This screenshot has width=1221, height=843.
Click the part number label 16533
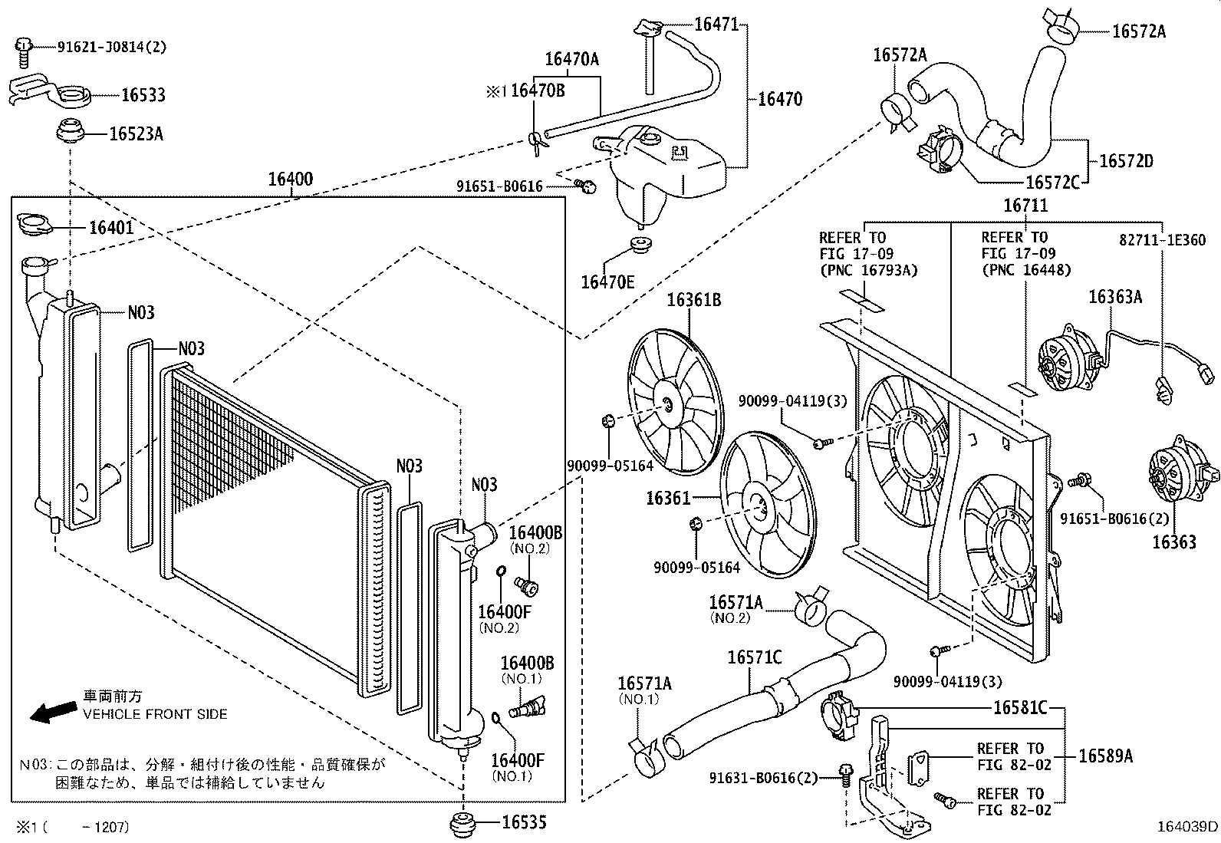pyautogui.click(x=143, y=96)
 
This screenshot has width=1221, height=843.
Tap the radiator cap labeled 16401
pyautogui.click(x=35, y=225)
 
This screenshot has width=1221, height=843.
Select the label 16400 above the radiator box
pyautogui.click(x=290, y=180)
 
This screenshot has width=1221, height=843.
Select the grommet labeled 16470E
pyautogui.click(x=639, y=245)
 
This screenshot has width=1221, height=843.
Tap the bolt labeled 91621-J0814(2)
pyautogui.click(x=23, y=48)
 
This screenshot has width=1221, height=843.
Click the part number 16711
pyautogui.click(x=1025, y=206)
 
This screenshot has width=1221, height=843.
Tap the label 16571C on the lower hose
pyautogui.click(x=754, y=658)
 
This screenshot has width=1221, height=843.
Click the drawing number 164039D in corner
pyautogui.click(x=1187, y=827)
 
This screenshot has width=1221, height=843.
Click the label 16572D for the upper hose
pyautogui.click(x=1125, y=161)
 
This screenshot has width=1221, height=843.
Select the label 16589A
pyautogui.click(x=1104, y=756)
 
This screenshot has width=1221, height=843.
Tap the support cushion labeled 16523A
pyautogui.click(x=136, y=134)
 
